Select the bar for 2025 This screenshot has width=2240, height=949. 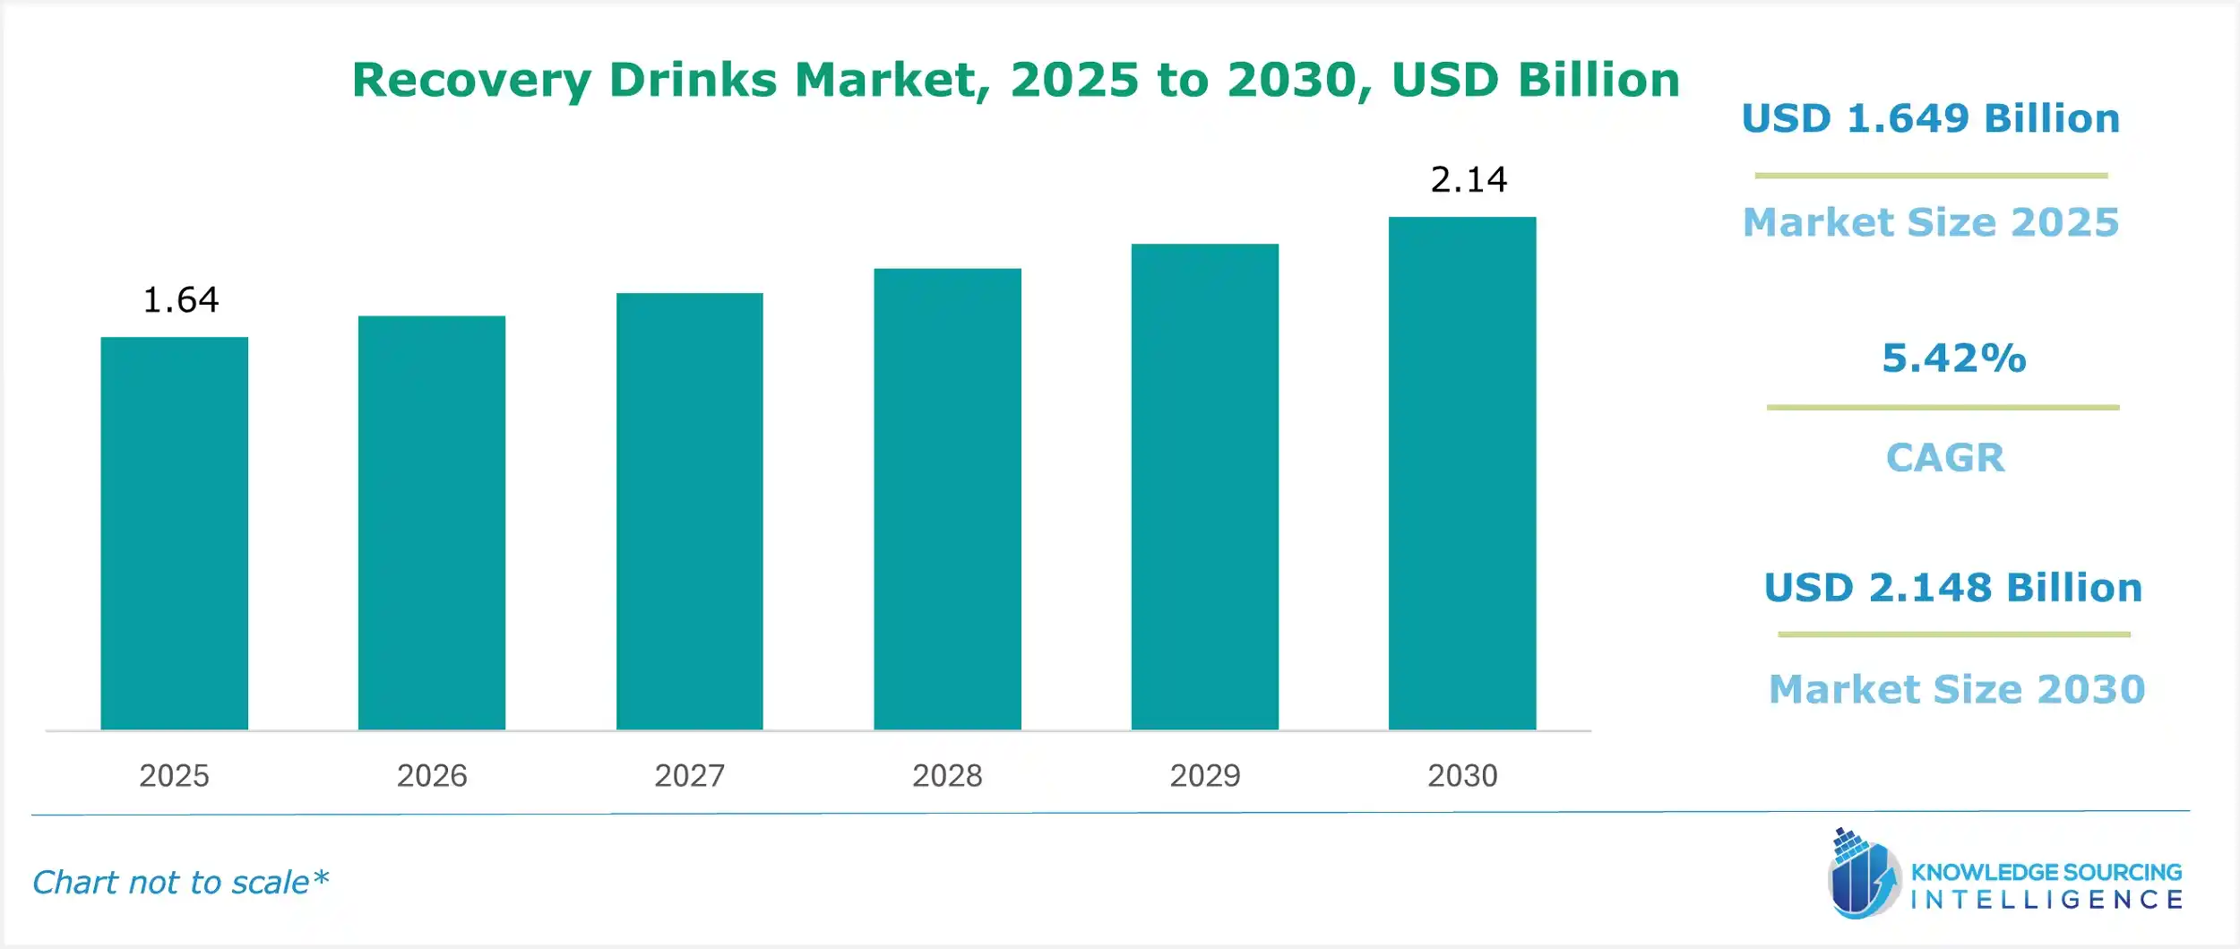(x=174, y=533)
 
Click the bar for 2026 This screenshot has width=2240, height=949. (x=432, y=522)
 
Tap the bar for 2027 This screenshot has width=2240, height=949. (x=689, y=511)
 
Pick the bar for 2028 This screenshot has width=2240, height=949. (x=947, y=498)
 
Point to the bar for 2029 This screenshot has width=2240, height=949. (x=1204, y=487)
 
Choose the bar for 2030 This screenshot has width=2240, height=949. (x=1462, y=473)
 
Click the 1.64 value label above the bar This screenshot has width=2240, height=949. (x=180, y=300)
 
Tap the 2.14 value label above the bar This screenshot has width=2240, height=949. (x=1469, y=180)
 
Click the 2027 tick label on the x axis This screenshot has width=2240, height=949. (x=689, y=775)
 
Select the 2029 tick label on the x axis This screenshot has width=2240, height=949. (x=1204, y=775)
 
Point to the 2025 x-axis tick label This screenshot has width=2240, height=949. (x=174, y=775)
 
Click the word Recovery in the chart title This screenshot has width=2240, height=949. (x=471, y=81)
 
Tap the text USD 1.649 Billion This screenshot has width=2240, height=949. (x=1930, y=119)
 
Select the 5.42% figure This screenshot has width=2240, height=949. (x=1953, y=358)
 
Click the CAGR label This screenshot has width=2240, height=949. (x=1945, y=458)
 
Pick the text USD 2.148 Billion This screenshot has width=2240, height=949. (x=1952, y=588)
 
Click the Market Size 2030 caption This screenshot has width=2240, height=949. (x=1957, y=689)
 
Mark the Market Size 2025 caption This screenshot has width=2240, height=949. (x=1931, y=222)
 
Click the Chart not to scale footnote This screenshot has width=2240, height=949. (x=180, y=883)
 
